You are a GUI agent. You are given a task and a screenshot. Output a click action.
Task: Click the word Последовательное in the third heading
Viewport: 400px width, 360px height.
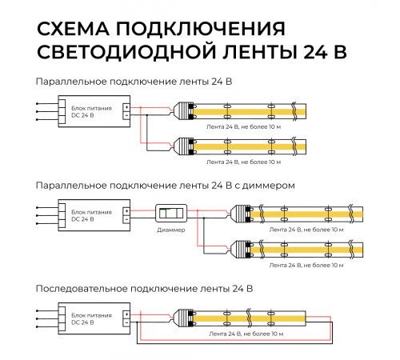click(80, 287)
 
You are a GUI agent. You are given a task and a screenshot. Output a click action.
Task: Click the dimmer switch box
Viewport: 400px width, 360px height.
click(170, 214)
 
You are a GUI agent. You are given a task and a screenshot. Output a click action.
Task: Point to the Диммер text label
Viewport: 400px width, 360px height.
click(170, 230)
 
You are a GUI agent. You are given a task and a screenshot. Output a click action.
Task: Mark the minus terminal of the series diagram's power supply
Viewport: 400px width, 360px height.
click(126, 323)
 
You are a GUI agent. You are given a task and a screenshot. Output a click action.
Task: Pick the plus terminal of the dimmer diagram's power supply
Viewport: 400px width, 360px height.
click(126, 210)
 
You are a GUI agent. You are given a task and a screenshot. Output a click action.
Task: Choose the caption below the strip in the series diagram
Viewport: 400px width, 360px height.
click(243, 332)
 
